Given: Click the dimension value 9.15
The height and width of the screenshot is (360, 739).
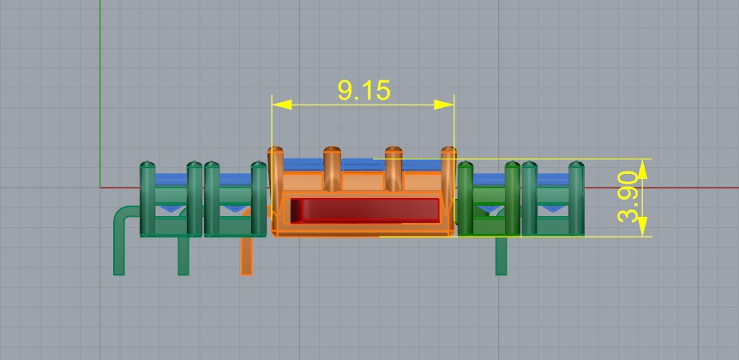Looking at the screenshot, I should point(363,90).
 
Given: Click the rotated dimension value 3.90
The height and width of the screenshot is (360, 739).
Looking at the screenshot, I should point(629,197).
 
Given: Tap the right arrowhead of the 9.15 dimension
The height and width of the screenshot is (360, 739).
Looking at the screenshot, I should point(443,105).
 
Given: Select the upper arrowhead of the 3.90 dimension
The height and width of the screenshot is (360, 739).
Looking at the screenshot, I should point(643,168).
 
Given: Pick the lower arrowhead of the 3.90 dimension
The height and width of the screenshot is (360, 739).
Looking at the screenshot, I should point(643,227).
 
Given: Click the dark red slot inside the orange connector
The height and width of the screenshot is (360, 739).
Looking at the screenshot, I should point(365,210).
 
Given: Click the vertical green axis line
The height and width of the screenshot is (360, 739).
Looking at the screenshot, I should point(101,86).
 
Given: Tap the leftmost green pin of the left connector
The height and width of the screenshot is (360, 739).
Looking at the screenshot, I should point(147,197).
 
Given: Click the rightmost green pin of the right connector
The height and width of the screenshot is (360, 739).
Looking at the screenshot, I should point(576,197).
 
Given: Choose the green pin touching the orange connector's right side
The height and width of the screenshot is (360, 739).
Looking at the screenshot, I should point(466,197).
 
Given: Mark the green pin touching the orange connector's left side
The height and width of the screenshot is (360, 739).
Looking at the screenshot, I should point(258,197).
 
